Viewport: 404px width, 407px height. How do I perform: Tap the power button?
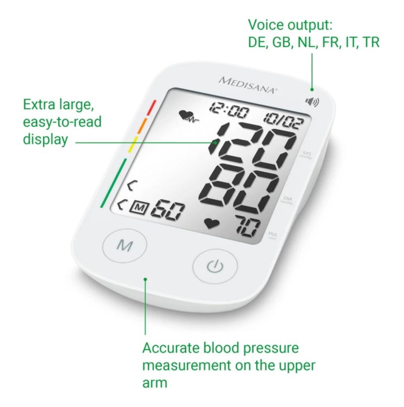pyautogui.click(x=215, y=265)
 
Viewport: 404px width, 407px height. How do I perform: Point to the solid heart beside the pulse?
pyautogui.click(x=210, y=223)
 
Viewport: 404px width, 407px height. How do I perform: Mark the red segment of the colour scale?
pyautogui.click(x=151, y=107)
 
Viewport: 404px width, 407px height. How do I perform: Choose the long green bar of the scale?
pyautogui.click(x=114, y=183)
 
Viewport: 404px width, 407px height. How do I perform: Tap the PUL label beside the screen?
pyautogui.click(x=272, y=235)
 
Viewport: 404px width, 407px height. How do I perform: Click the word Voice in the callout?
pyautogui.click(x=264, y=25)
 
